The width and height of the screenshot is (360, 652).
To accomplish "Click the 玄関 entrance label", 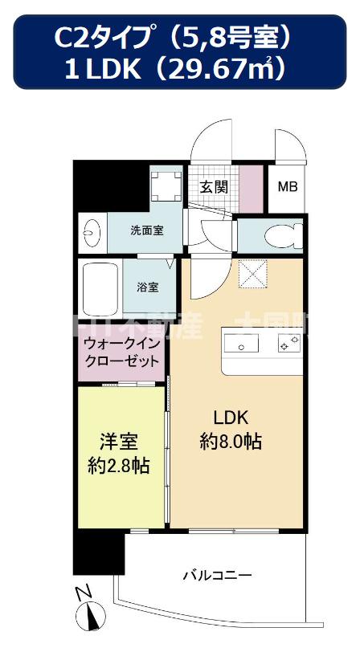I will point(214,187).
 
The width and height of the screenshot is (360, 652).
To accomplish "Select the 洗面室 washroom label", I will point(147,230).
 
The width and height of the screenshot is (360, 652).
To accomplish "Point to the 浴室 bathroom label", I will point(147,286).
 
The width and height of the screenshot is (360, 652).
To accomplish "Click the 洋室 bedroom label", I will point(118,441).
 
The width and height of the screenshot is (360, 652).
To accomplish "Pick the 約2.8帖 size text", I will point(118,465).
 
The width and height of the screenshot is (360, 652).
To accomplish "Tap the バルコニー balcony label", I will point(217,575).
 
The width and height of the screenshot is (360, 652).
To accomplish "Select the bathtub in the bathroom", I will point(100,287).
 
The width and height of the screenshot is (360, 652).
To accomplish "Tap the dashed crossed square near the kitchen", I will point(256,275).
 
